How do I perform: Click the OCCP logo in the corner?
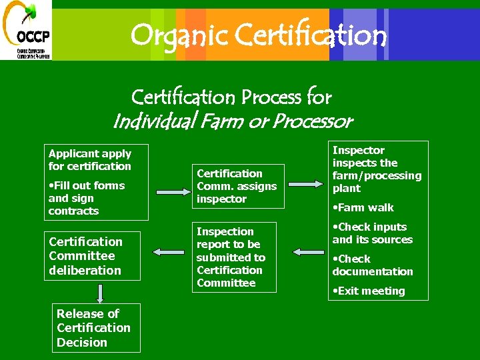click(25, 30)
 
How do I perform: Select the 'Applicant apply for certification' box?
click(95, 182)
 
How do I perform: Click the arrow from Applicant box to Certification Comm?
click(171, 191)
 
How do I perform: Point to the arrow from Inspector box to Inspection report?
click(307, 252)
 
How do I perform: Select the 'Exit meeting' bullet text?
click(371, 291)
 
